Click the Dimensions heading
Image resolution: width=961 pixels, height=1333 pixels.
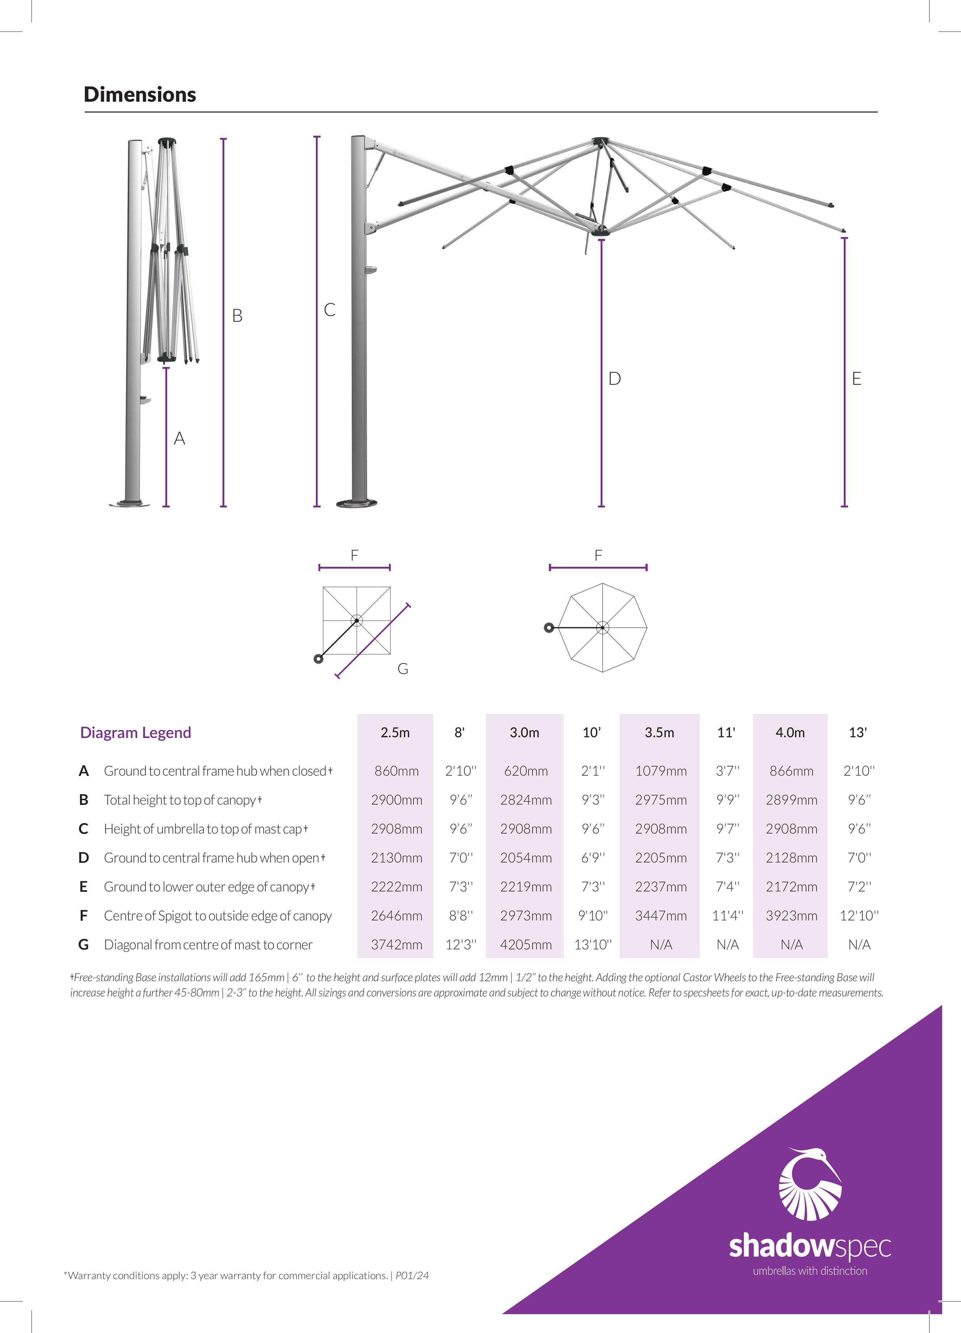(x=140, y=94)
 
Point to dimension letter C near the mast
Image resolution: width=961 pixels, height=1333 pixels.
(x=330, y=310)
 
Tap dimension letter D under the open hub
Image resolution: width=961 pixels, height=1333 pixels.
(x=614, y=379)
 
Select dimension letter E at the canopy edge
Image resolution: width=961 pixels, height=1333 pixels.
(x=856, y=379)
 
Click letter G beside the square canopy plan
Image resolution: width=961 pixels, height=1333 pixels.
(x=403, y=669)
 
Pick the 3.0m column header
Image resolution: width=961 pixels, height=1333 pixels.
(x=524, y=732)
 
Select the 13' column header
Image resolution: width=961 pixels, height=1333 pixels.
(x=858, y=732)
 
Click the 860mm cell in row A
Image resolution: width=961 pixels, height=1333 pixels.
(x=397, y=771)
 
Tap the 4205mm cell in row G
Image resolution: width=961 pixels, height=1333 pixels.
(x=526, y=945)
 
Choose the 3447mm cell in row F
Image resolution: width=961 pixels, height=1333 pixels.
(x=660, y=916)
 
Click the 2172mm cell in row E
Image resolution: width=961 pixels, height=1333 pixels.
(x=791, y=887)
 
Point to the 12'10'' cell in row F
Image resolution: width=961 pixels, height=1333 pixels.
(x=859, y=916)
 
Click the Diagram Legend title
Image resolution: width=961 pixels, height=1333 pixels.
(x=136, y=732)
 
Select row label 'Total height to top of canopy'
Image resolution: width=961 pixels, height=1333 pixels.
(x=180, y=800)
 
